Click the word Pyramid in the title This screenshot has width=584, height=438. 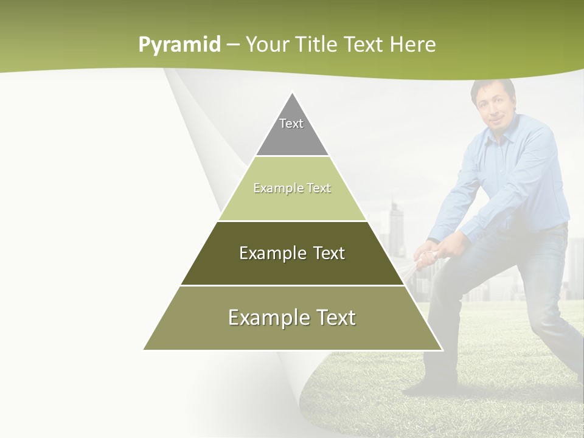click(x=179, y=45)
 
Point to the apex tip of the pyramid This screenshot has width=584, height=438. click(x=292, y=93)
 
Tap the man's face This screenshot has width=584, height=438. click(x=492, y=109)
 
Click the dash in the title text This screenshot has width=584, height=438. click(x=232, y=45)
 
